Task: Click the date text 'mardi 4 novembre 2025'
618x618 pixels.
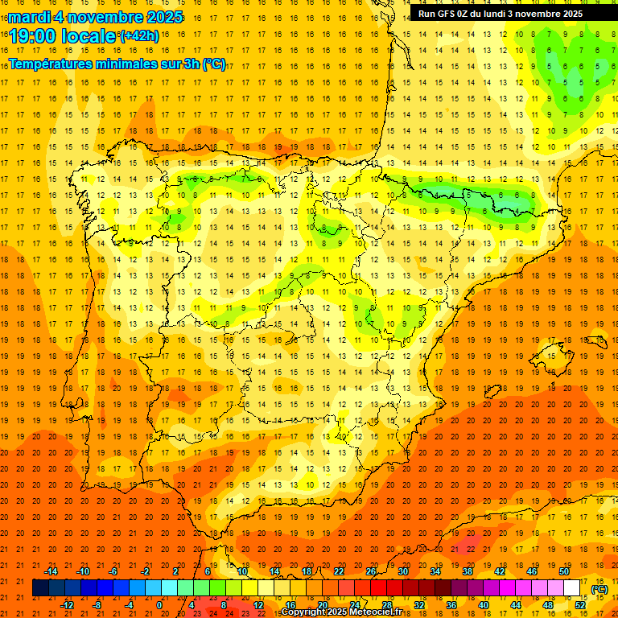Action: [96, 18]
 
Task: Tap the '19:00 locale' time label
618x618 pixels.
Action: [62, 36]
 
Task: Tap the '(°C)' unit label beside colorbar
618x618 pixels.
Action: [599, 588]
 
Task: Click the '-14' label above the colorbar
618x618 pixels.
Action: [51, 571]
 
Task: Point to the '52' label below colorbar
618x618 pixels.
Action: [580, 604]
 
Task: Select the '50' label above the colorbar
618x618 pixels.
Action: [564, 571]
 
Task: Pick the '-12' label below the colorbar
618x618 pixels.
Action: [67, 604]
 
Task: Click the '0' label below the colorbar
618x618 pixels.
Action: [160, 604]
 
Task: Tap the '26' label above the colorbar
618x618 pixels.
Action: [371, 571]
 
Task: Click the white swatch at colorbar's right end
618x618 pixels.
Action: [572, 588]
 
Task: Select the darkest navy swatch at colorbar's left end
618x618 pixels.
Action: [40, 588]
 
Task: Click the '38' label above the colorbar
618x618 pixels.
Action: [468, 571]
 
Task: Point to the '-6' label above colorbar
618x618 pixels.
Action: [113, 571]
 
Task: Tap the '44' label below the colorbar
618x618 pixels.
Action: [516, 604]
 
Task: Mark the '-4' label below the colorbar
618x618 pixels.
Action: [130, 604]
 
